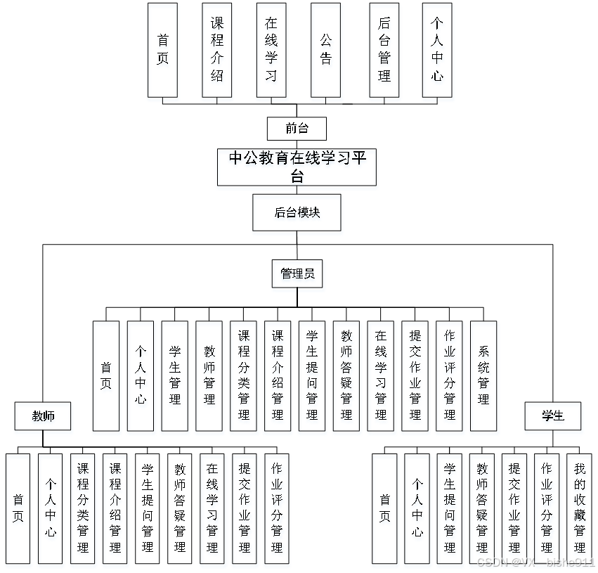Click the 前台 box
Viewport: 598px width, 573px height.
pyautogui.click(x=297, y=129)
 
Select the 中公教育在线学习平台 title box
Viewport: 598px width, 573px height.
pyautogui.click(x=297, y=167)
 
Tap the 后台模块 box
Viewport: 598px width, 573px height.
pyautogui.click(x=297, y=212)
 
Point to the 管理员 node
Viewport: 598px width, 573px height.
pyautogui.click(x=297, y=273)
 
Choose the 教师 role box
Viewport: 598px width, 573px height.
pyautogui.click(x=43, y=416)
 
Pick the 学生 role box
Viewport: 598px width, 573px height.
pyautogui.click(x=553, y=416)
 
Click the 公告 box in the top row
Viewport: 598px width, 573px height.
pyautogui.click(x=325, y=50)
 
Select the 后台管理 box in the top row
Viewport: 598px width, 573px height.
pyautogui.click(x=384, y=50)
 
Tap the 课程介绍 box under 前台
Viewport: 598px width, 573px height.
pyautogui.click(x=217, y=50)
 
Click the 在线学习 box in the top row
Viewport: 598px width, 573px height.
pyautogui.click(x=271, y=50)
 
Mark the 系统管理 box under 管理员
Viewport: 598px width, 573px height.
pyautogui.click(x=483, y=375)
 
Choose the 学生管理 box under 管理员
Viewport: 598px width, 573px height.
pyautogui.click(x=175, y=375)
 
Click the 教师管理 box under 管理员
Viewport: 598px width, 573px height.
pyautogui.click(x=209, y=375)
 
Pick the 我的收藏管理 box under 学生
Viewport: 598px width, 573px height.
pyautogui.click(x=579, y=508)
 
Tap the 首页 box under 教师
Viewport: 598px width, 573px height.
pyautogui.click(x=18, y=508)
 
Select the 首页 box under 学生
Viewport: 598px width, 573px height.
pyautogui.click(x=385, y=508)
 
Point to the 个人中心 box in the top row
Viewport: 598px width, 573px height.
pyautogui.click(x=437, y=50)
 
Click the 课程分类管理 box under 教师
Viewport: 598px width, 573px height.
pyautogui.click(x=83, y=508)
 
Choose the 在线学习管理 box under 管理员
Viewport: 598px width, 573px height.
pyautogui.click(x=381, y=375)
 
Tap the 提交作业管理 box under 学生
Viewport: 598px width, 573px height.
pyautogui.click(x=514, y=508)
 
